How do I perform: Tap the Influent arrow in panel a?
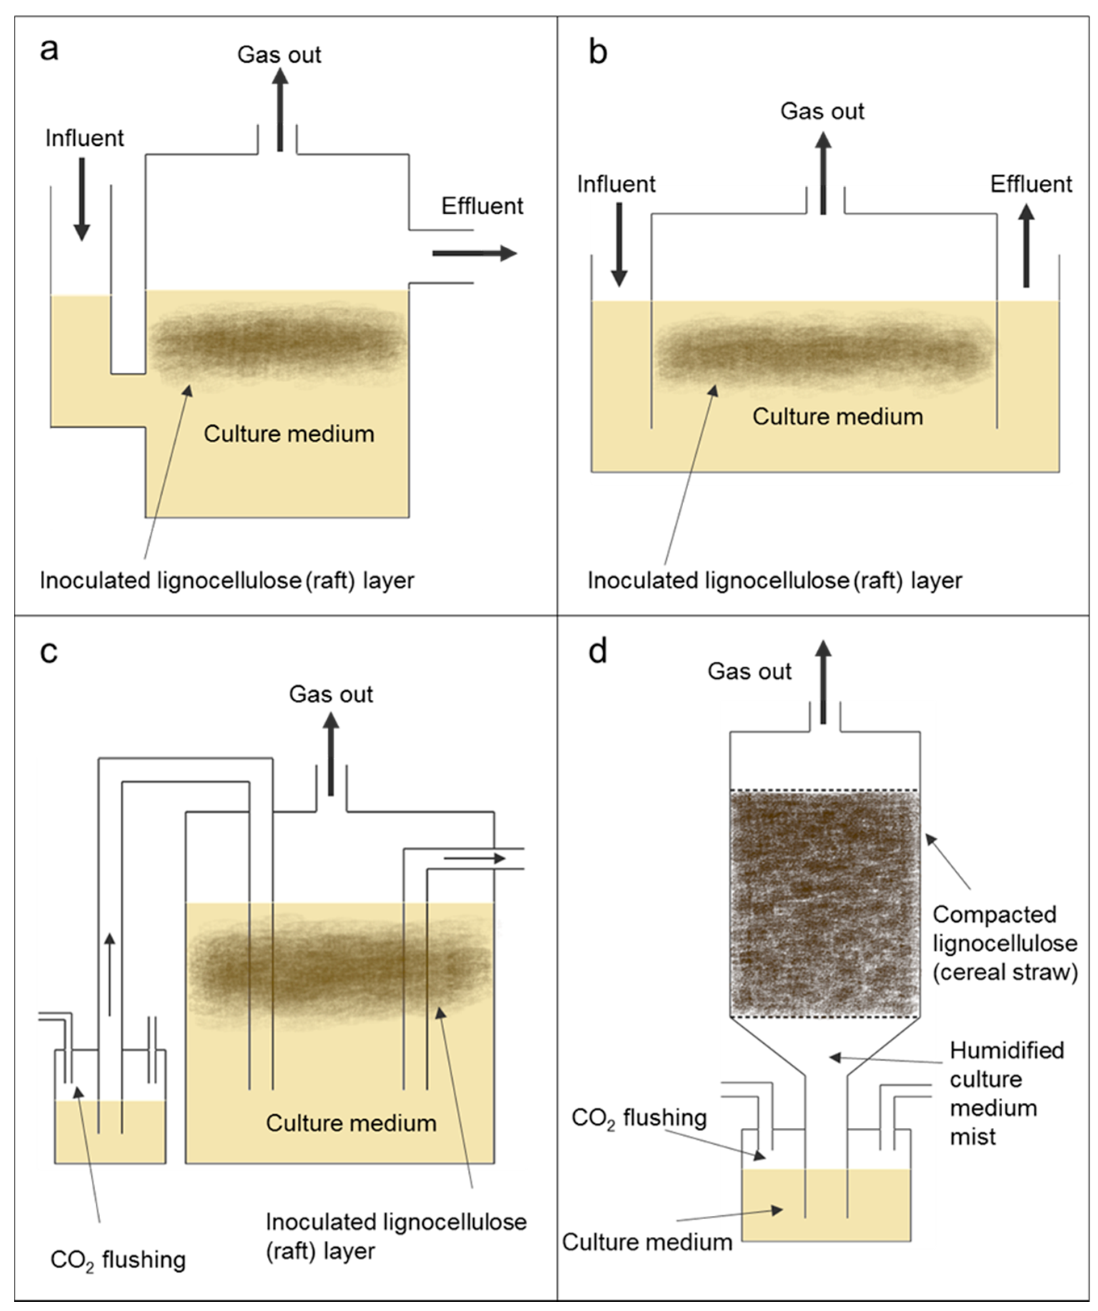point(82,199)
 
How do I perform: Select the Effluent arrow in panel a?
point(474,253)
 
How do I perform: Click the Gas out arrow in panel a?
point(280,109)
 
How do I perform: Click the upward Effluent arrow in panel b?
point(1026,247)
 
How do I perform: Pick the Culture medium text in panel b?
point(837,416)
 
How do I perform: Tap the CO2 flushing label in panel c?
point(118,1260)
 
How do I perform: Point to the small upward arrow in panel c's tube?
point(110,974)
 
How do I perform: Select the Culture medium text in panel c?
point(351,1123)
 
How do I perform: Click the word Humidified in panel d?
point(1006,1051)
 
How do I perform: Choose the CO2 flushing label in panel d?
point(638,1118)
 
